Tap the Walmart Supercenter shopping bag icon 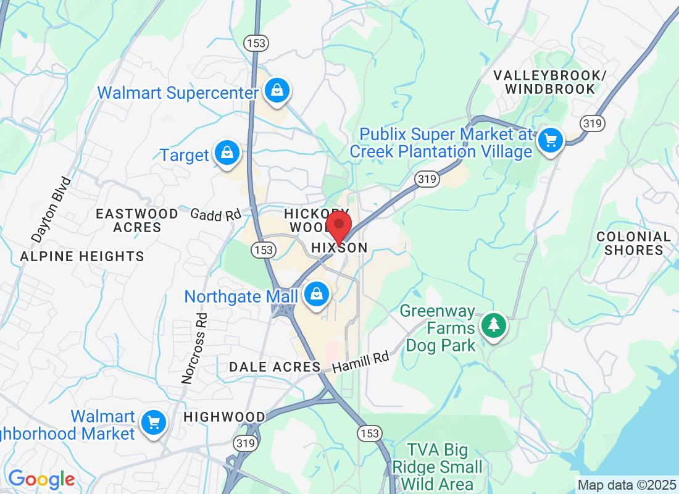point(278,90)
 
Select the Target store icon point(227,153)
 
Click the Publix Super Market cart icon point(550,141)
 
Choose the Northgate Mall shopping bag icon point(317,295)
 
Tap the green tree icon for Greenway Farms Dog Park point(493,325)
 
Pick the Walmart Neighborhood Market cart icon point(152,423)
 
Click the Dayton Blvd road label point(51,209)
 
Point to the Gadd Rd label point(215,215)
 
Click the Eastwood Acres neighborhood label point(137,220)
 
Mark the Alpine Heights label point(82,256)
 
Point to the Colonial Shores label point(633,243)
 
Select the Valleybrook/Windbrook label point(549,82)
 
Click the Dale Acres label point(275,367)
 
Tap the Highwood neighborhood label point(224,417)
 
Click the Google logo point(41,479)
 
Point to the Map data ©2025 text point(627,484)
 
